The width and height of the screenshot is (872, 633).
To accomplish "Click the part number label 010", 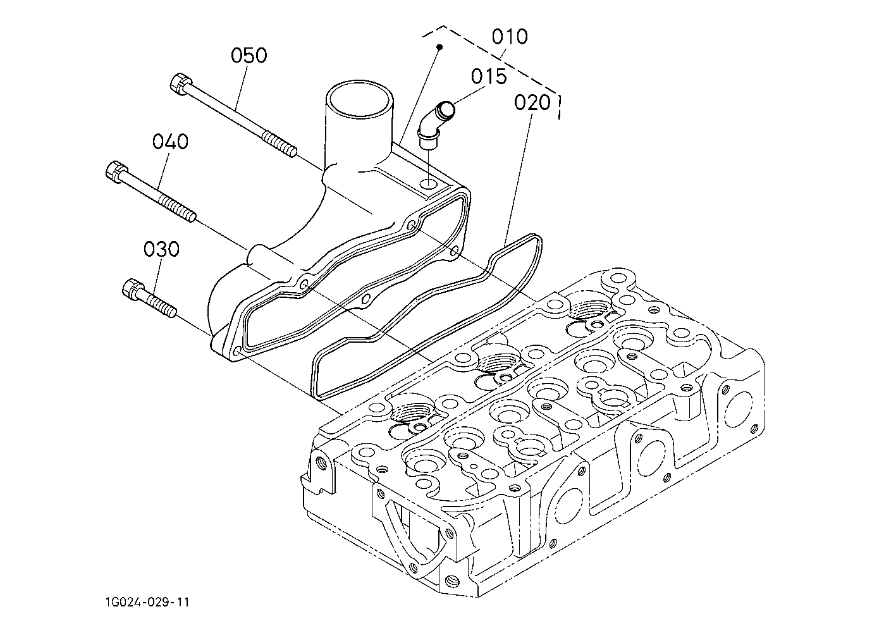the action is point(510,37).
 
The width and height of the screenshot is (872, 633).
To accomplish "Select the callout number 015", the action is point(489,77).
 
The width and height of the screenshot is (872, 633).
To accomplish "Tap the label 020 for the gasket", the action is point(532,103).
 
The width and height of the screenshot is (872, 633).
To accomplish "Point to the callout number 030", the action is point(161,249).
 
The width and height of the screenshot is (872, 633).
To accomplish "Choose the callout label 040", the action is point(170,142).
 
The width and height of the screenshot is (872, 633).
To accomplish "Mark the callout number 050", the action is point(249,55).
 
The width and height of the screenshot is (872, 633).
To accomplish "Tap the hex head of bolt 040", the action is point(116,172).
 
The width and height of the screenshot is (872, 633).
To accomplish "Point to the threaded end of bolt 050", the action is point(279,144).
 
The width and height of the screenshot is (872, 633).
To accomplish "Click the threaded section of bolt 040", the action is point(176,209).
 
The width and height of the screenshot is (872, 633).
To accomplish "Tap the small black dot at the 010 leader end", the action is point(440,47).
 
